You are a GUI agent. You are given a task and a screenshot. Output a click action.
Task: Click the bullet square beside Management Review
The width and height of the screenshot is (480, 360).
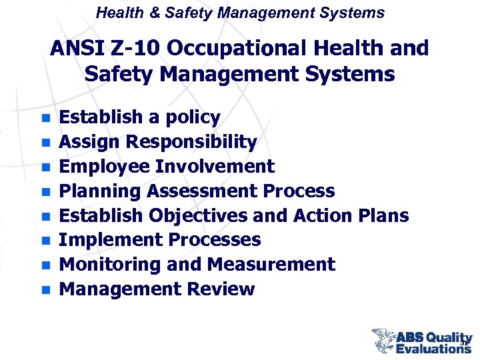[x=45, y=290]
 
